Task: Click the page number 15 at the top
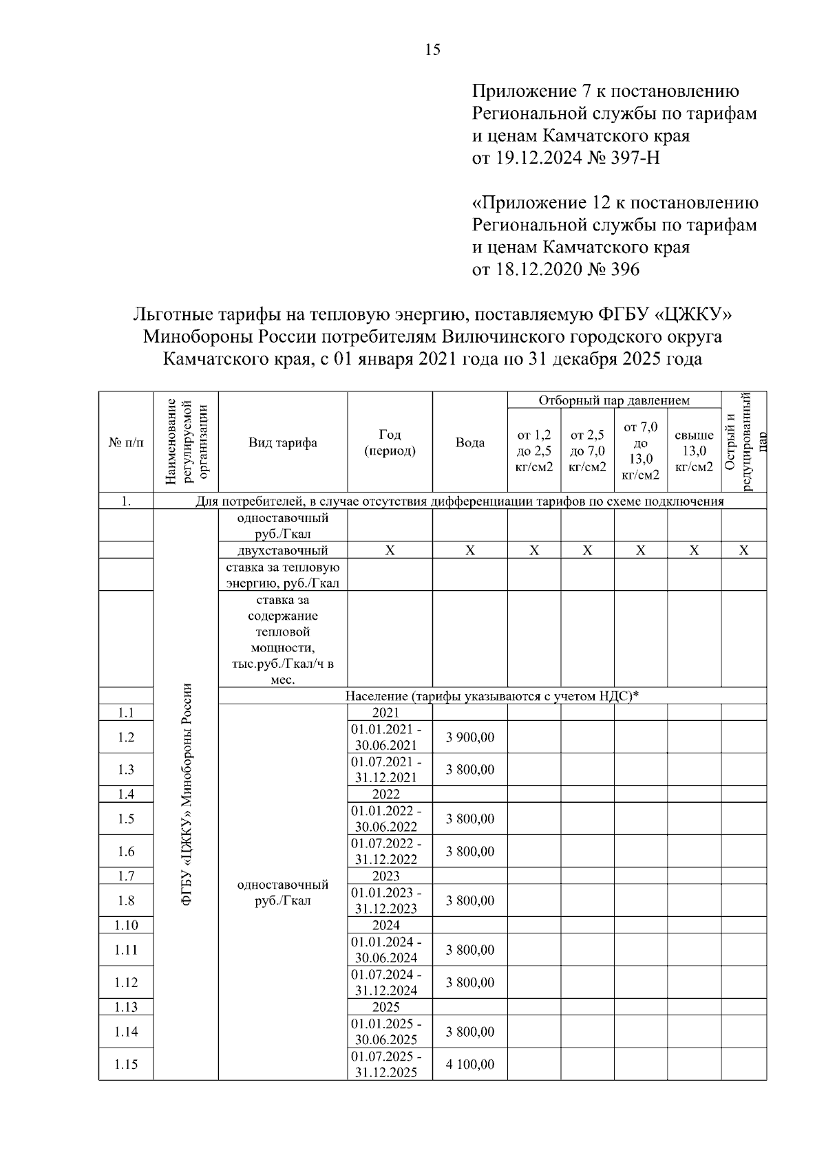433,50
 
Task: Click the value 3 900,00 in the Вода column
469,737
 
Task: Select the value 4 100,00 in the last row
469,1064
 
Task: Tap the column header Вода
469,443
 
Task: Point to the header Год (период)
390,443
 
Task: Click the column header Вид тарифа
283,443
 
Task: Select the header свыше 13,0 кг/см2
694,451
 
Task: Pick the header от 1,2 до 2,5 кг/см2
534,451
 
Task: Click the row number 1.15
126,1064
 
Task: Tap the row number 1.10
126,925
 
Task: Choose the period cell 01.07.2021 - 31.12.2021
386,770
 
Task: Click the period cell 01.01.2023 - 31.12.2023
386,900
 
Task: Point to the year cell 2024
386,925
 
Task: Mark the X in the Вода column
469,550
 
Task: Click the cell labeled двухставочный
283,550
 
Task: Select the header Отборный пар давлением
614,400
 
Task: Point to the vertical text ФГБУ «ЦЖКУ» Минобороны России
186,794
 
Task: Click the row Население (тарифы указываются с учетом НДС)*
492,696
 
